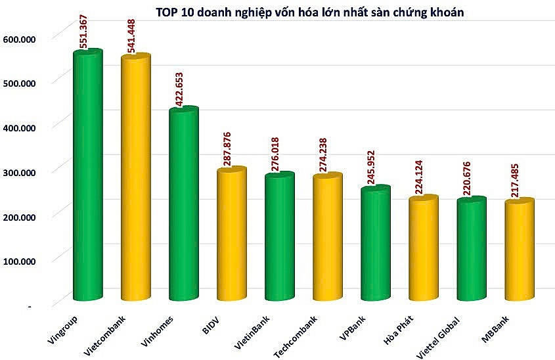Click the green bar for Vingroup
click(87, 177)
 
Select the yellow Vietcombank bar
click(136, 181)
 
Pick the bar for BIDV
click(232, 236)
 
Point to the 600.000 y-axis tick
click(22, 39)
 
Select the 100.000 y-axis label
click(22, 261)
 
